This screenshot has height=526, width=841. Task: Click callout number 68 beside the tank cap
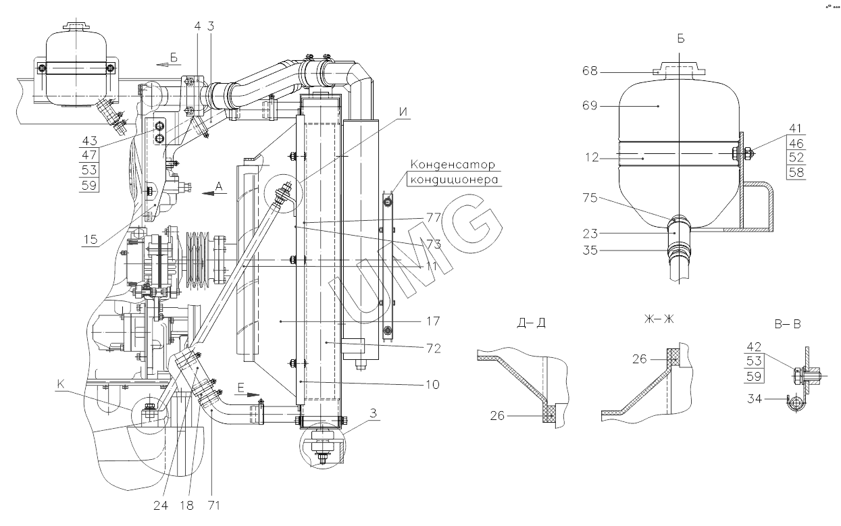click(x=590, y=71)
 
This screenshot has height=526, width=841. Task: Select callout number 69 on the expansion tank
click(x=590, y=106)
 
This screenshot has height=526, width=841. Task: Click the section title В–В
click(x=788, y=324)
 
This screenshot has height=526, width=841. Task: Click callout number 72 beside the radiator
click(x=433, y=348)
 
